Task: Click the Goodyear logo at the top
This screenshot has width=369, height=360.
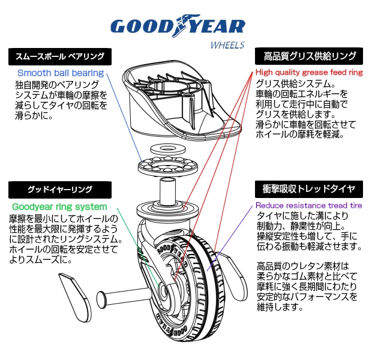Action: (178, 26)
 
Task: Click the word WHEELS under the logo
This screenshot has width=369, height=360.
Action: (227, 45)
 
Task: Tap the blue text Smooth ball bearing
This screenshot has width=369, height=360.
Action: (60, 73)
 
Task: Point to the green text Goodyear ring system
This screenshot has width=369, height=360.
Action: (59, 207)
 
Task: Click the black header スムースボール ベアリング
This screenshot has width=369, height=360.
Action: (61, 57)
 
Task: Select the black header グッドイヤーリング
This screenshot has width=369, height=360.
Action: (61, 191)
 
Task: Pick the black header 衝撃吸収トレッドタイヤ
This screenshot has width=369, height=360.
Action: (309, 189)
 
